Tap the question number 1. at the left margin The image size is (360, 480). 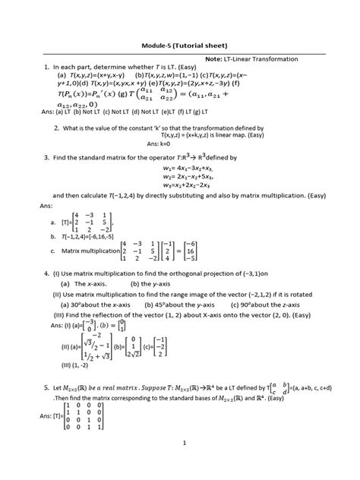click(37, 68)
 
